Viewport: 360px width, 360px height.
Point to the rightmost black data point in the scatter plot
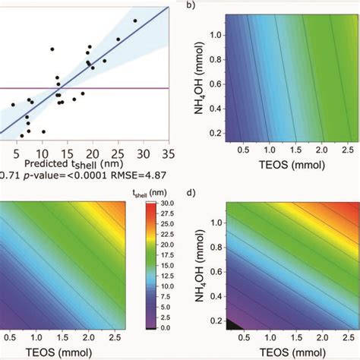(x=135, y=21)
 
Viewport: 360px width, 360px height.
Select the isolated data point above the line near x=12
(x=52, y=49)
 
